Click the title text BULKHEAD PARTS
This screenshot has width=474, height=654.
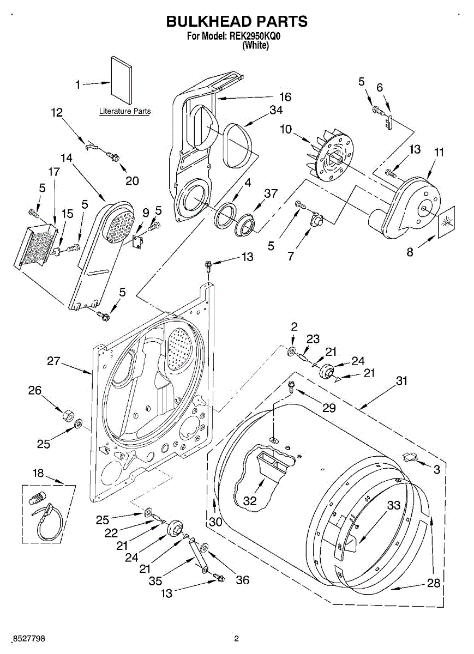click(237, 22)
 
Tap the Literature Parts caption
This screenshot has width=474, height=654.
click(125, 111)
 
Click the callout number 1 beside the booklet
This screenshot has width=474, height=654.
click(78, 85)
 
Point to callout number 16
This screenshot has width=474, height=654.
click(285, 97)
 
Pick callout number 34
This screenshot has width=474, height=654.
click(276, 110)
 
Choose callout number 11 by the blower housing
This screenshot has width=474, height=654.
click(439, 152)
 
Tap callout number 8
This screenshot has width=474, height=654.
click(410, 252)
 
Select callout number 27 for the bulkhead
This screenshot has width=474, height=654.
click(53, 361)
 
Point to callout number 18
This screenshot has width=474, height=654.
click(38, 473)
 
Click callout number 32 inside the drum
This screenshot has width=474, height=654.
click(250, 501)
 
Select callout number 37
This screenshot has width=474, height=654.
click(271, 193)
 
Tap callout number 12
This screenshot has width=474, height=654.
click(57, 112)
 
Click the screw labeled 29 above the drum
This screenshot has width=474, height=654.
click(291, 387)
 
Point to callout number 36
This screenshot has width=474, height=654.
click(243, 580)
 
